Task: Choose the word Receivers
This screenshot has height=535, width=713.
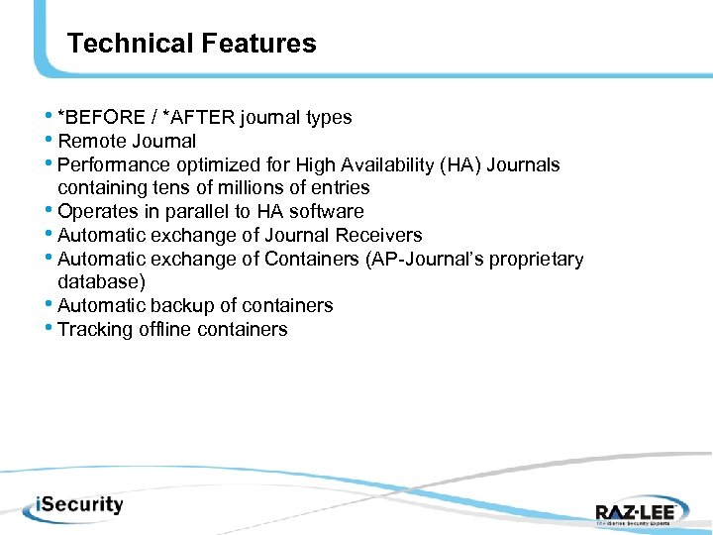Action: pyautogui.click(x=380, y=236)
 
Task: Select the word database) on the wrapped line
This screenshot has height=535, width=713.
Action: pyautogui.click(x=102, y=282)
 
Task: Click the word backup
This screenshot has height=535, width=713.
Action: pyautogui.click(x=171, y=306)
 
